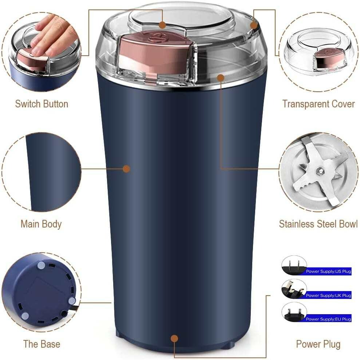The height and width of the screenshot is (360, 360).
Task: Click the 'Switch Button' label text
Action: click(x=41, y=104)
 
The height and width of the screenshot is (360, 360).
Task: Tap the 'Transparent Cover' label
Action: click(x=319, y=104)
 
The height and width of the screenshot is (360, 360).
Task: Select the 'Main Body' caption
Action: click(x=41, y=224)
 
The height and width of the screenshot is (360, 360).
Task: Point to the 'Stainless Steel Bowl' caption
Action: click(x=318, y=224)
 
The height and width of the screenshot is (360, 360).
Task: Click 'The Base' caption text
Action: click(x=41, y=344)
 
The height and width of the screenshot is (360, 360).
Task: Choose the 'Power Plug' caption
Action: click(x=318, y=344)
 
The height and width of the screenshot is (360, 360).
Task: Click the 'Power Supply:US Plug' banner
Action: click(x=328, y=272)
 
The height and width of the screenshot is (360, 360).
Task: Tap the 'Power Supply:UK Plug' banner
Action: click(x=328, y=295)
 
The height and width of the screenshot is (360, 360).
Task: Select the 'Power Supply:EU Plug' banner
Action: click(x=328, y=319)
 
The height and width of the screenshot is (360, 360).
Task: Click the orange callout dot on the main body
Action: click(x=126, y=169)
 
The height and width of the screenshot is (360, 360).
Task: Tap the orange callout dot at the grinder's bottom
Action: click(x=174, y=339)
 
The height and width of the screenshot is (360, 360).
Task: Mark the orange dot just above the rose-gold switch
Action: click(x=162, y=25)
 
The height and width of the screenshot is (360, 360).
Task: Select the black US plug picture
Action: click(x=294, y=266)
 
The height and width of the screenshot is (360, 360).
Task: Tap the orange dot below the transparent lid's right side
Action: click(x=221, y=78)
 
